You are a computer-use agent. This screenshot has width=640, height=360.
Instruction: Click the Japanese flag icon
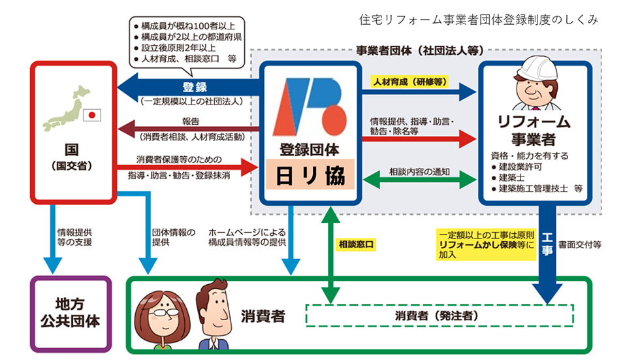click(x=93, y=115)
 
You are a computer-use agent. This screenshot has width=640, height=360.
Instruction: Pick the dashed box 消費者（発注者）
click(x=439, y=316)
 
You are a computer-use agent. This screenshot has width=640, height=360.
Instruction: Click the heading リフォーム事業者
click(x=535, y=130)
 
